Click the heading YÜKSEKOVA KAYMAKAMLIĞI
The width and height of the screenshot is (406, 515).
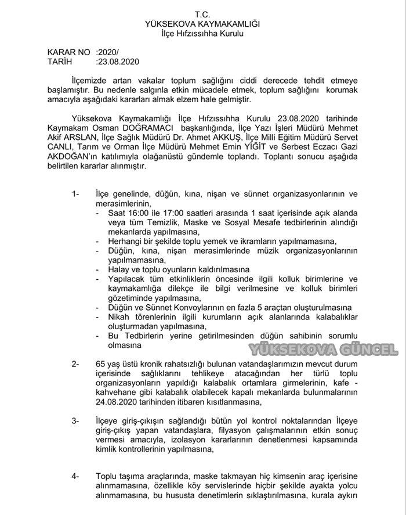[x=202, y=24]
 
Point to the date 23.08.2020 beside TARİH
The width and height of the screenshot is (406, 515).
[x=118, y=61]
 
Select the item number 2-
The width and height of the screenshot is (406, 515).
[x=75, y=364]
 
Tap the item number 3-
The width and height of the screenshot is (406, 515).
[x=75, y=420]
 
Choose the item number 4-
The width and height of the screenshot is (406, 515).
[x=75, y=476]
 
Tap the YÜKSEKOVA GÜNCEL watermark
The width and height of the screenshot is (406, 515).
[x=324, y=350]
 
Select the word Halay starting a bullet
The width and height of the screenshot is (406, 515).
[x=119, y=270]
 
